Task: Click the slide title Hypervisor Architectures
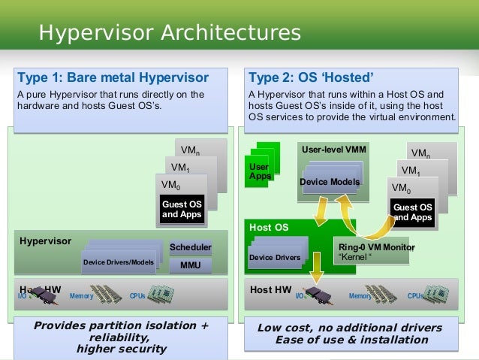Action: point(170,34)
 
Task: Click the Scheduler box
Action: point(190,247)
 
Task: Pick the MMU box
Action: point(190,265)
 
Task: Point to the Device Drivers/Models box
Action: point(119,262)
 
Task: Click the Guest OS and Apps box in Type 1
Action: point(181,209)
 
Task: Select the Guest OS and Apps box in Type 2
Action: point(412,212)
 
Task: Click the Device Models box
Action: point(330,182)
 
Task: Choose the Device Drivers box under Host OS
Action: point(274,258)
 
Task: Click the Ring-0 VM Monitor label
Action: point(376,247)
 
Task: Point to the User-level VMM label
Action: point(334,150)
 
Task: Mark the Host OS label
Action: point(268,227)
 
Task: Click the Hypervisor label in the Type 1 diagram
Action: point(46,241)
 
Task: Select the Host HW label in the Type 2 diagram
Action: point(270,289)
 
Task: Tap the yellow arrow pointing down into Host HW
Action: point(319,262)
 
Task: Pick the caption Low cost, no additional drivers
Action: point(349,328)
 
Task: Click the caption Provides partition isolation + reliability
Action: point(121,331)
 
